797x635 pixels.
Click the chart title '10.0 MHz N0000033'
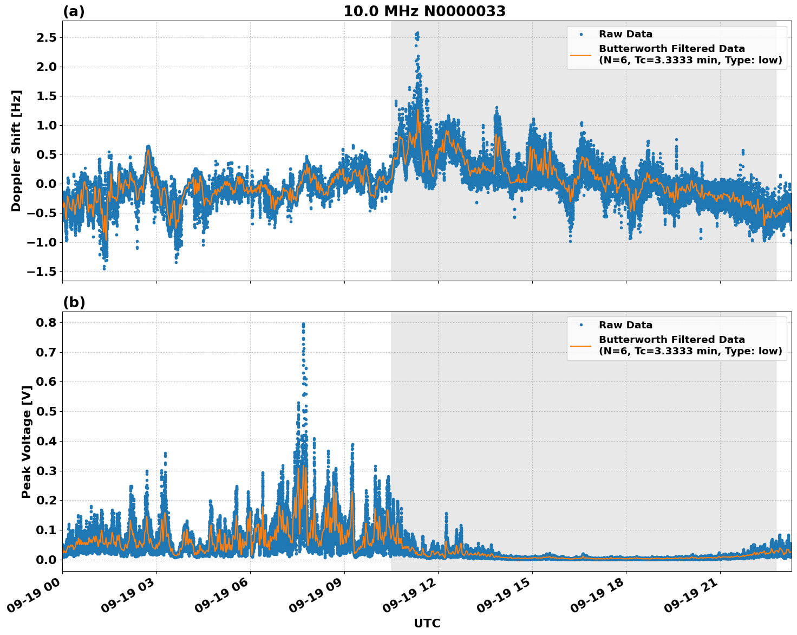424,11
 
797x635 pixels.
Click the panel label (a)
74,11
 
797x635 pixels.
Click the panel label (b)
74,302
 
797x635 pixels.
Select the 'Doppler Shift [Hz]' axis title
16,151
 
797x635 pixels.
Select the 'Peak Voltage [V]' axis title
26,442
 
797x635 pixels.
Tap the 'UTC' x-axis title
427,624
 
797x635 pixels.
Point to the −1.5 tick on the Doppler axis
41,271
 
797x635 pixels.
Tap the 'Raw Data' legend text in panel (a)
625,34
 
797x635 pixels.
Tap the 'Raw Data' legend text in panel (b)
625,325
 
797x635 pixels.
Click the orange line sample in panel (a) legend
581,55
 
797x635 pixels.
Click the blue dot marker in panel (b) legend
581,325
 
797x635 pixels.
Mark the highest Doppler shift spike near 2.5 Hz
417,33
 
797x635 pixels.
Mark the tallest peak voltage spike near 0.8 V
303,324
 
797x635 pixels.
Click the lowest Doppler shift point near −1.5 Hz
104,268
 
